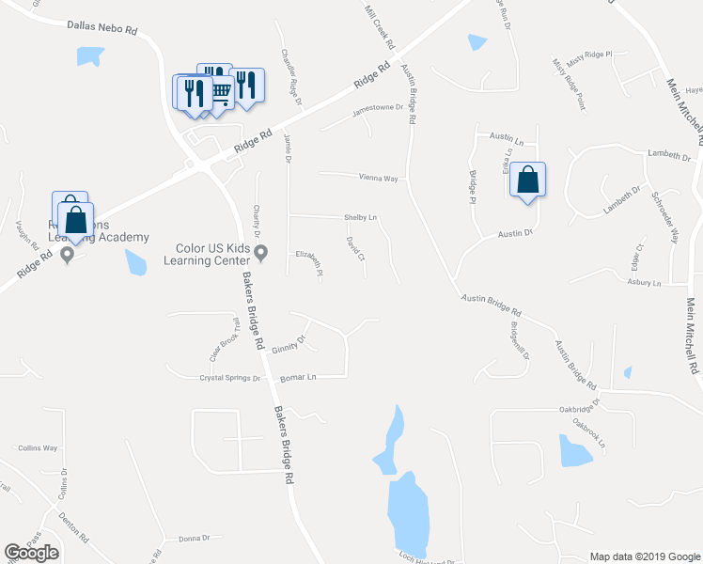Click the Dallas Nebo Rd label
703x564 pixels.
pos(102,29)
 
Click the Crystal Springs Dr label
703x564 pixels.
pos(229,378)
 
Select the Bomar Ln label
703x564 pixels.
pos(298,378)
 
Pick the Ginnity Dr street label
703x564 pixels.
pos(289,345)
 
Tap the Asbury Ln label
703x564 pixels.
pos(644,282)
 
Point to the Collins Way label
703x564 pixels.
pos(38,448)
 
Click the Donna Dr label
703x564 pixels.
pos(193,538)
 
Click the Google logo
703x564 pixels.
pos(31,553)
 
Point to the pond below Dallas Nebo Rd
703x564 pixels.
pos(89,56)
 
